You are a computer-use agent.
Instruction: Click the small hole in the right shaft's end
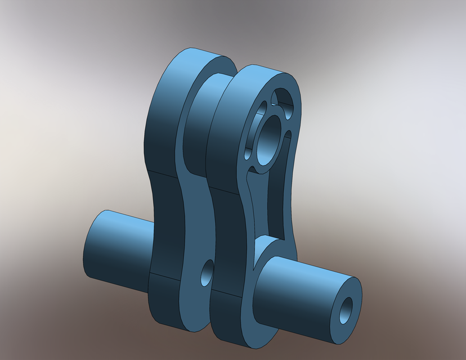tap(346, 310)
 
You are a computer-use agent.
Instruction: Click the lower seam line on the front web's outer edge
tap(225, 294)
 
